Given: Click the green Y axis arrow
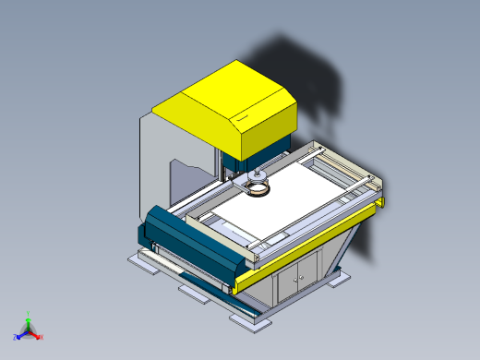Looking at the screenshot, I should click(x=29, y=317).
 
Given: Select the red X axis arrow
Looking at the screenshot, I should click(x=39, y=337).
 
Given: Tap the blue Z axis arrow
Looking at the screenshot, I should click(x=18, y=337).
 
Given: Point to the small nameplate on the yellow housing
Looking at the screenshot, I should click(x=243, y=118).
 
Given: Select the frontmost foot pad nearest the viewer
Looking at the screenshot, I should click(x=252, y=319).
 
